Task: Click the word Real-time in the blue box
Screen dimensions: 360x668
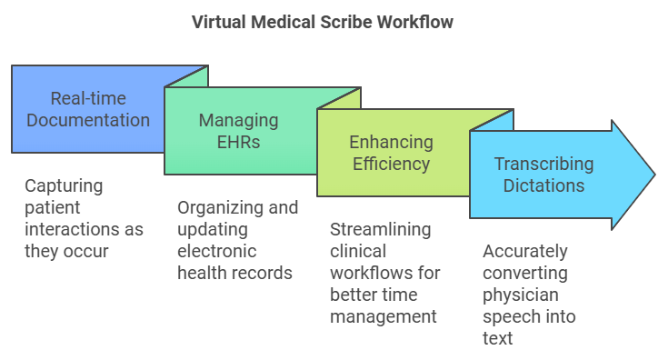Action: [87, 98]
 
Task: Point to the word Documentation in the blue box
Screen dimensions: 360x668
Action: [87, 120]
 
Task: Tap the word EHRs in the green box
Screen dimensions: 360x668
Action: [239, 143]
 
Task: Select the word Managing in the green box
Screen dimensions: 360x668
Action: [239, 121]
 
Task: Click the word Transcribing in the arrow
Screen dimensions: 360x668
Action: [543, 165]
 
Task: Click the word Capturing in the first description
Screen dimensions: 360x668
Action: [64, 185]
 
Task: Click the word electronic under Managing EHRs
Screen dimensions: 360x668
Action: [217, 251]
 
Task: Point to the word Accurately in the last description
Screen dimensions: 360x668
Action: [524, 251]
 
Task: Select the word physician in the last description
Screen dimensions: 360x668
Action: [519, 295]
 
